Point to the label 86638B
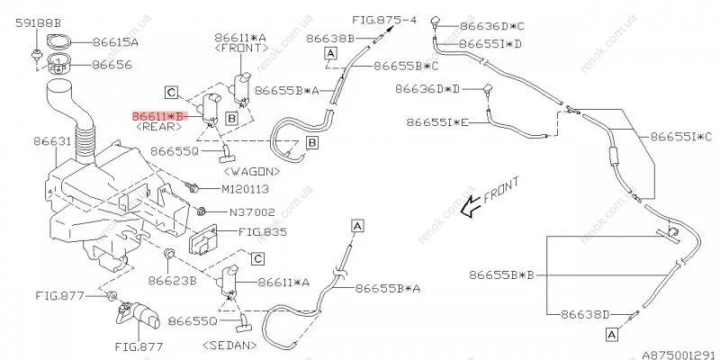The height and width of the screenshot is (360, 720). [x=329, y=39]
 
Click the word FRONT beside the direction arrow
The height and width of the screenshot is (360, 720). [x=501, y=200]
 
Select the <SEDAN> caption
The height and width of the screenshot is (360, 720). [x=233, y=344]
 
